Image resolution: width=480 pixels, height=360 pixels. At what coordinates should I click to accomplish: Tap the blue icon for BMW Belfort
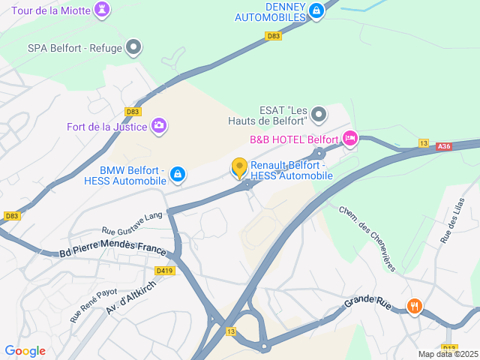click(x=177, y=175)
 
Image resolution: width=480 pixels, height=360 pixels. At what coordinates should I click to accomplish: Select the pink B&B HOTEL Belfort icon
click(x=349, y=139)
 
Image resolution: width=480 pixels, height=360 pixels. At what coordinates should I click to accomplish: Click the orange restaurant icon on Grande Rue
click(x=414, y=305)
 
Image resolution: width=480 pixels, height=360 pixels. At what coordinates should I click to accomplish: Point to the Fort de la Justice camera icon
click(x=158, y=125)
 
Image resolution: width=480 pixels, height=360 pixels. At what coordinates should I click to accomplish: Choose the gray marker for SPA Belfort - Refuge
click(x=134, y=48)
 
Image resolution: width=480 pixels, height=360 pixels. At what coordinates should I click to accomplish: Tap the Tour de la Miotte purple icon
click(x=101, y=9)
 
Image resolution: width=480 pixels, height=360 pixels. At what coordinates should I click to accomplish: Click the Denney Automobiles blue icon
click(x=316, y=10)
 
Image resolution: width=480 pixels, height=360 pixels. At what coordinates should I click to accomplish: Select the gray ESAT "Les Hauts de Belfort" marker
click(x=319, y=115)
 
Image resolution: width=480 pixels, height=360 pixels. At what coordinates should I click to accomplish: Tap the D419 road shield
click(x=164, y=271)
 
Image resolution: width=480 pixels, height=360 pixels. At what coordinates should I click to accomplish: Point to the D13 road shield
click(x=230, y=331)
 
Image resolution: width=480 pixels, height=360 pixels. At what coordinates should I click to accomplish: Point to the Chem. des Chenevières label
click(x=366, y=228)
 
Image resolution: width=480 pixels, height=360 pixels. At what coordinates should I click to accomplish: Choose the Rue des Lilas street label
click(x=454, y=220)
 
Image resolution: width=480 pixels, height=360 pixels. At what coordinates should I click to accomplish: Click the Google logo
click(x=25, y=351)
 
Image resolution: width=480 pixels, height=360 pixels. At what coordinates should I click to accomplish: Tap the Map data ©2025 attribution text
click(x=448, y=354)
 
